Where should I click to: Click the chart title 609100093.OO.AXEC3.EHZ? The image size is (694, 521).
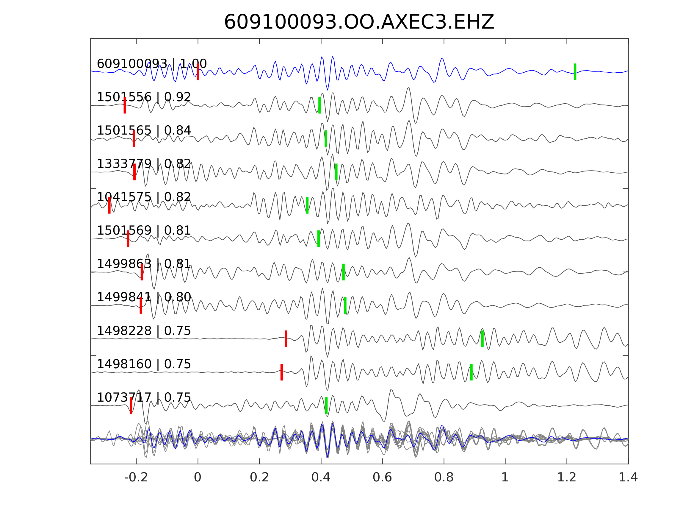coord(359,22)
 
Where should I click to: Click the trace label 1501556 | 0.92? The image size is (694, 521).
coord(144,97)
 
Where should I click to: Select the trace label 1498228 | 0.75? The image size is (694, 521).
coord(144,331)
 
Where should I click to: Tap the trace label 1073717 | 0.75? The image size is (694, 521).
coord(144,397)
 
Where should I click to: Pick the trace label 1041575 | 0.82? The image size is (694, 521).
coord(144,197)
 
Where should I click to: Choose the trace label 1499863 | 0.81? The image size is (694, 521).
coord(144,264)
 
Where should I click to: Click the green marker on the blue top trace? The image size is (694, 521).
coord(575,72)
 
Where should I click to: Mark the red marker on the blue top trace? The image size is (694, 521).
coord(198,72)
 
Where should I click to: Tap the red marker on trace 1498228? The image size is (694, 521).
coord(286,339)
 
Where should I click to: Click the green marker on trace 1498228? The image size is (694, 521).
coord(482,339)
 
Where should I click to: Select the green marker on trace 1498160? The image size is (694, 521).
coord(471,372)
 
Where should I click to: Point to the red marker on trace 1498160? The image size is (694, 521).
coord(282,372)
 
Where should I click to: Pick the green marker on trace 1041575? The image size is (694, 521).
coord(307,205)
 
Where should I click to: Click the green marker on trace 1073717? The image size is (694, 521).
coord(326,406)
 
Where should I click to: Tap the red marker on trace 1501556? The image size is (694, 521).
coord(125,105)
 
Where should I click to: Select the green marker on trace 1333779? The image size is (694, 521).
coord(336,172)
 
